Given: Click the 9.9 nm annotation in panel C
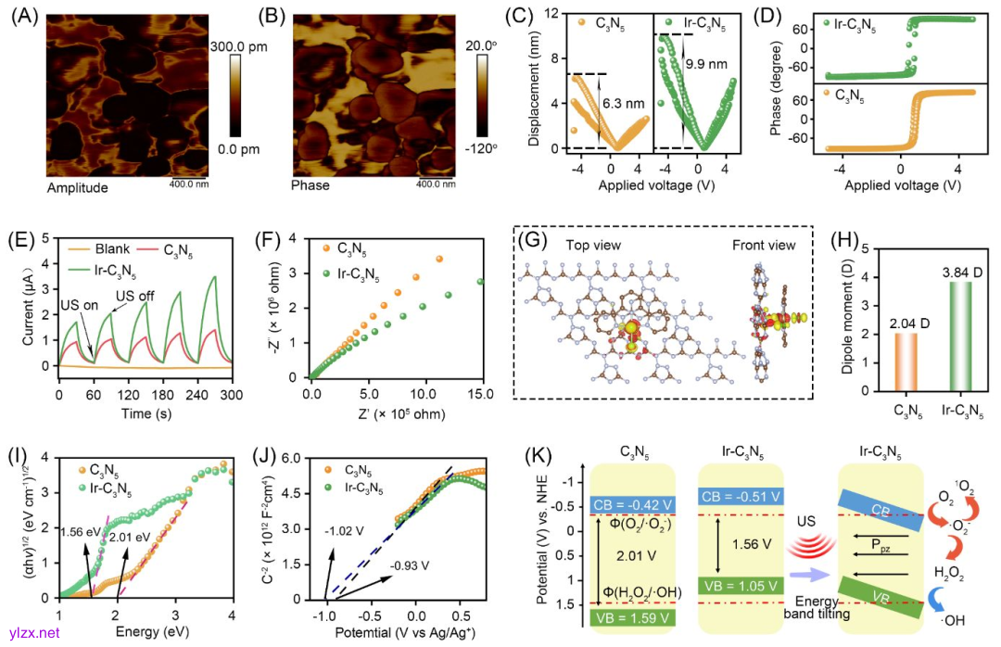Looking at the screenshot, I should tap(705, 66).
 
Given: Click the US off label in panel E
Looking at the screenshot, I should tap(134, 296).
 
